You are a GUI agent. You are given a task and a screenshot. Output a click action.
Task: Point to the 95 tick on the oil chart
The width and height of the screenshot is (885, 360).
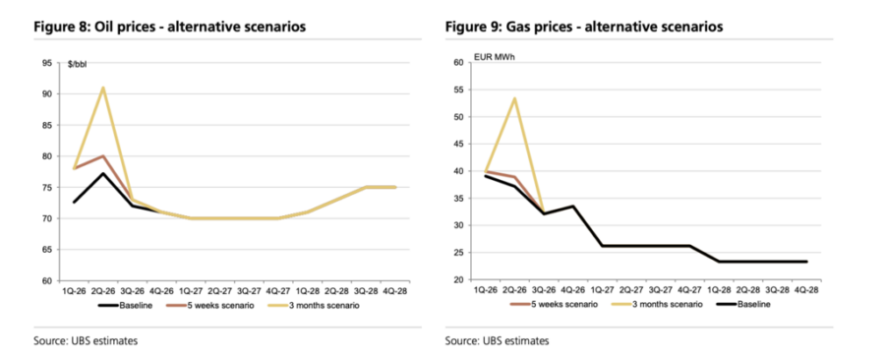click(47, 64)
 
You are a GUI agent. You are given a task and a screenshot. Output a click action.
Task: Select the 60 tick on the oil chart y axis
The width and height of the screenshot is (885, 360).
click(47, 280)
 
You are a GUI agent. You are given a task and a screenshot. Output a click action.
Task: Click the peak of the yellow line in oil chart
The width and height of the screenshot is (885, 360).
click(103, 88)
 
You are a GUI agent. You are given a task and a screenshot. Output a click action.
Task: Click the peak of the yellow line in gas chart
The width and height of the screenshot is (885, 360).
click(514, 98)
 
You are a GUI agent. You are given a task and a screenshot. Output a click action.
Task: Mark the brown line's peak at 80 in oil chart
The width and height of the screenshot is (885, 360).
click(103, 156)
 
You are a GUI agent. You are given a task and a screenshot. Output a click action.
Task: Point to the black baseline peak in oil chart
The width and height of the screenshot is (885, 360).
click(103, 173)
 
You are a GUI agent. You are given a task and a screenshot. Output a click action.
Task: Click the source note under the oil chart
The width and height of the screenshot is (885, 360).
click(84, 341)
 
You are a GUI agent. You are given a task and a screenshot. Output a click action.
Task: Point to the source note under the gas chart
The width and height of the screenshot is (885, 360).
click(497, 341)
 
